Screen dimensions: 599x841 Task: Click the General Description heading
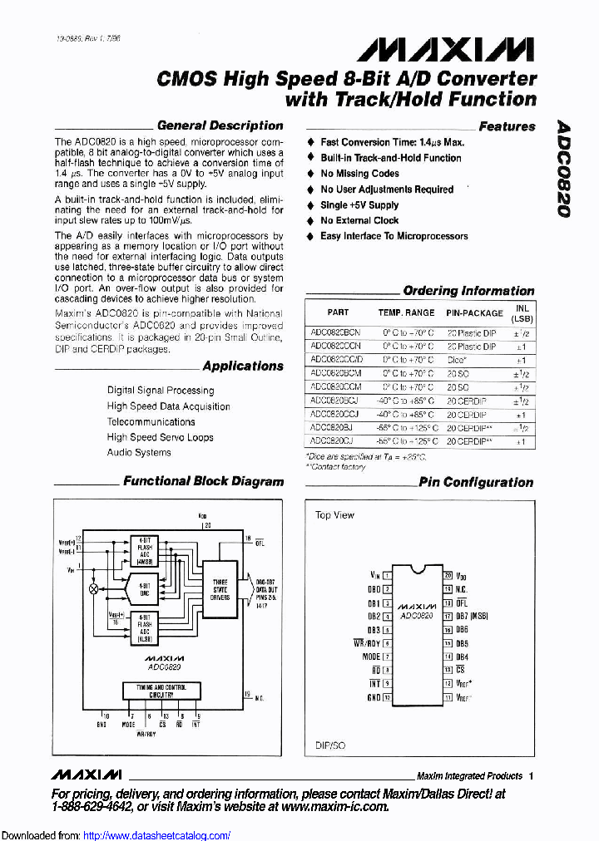220,125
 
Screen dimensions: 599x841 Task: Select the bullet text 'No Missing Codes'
360,174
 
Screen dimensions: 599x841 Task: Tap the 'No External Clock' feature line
359,220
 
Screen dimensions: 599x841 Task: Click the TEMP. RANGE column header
406,313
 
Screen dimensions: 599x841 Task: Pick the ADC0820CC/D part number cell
336,360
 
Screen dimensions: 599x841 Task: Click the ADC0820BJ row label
331,428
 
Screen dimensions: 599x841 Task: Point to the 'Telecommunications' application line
151,421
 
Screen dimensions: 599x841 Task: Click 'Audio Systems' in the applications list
139,453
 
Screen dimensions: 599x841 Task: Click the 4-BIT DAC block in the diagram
144,588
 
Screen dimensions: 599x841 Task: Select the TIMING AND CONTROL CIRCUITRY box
161,691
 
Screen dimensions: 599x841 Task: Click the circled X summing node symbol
93,588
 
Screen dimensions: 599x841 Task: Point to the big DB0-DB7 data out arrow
248,587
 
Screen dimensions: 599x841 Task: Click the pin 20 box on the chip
448,574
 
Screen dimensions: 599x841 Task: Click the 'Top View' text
334,515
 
